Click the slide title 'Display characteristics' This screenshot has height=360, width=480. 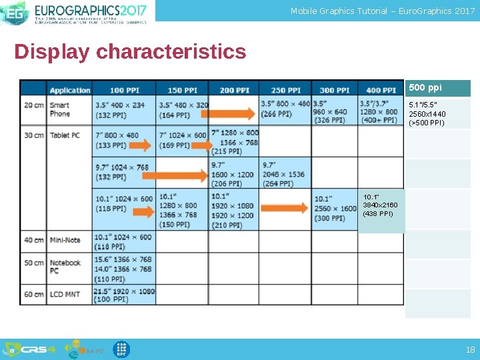point(130,51)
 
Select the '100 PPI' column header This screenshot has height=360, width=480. point(125,90)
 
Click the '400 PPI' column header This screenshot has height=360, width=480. point(381,90)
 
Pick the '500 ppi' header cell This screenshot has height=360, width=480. point(425,88)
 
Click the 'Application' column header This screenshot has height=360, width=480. point(69,90)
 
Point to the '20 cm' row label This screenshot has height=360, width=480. point(33,105)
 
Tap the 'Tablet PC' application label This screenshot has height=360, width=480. point(65,135)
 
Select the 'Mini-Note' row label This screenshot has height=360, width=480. point(65,240)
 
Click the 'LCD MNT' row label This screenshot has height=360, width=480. point(65,294)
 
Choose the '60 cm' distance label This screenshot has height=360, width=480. point(33,294)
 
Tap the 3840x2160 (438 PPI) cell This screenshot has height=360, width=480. point(380,205)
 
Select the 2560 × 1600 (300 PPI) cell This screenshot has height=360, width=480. point(335,208)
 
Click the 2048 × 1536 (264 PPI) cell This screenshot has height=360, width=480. point(284,174)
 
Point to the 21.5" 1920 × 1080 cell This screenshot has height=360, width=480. point(124,295)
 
